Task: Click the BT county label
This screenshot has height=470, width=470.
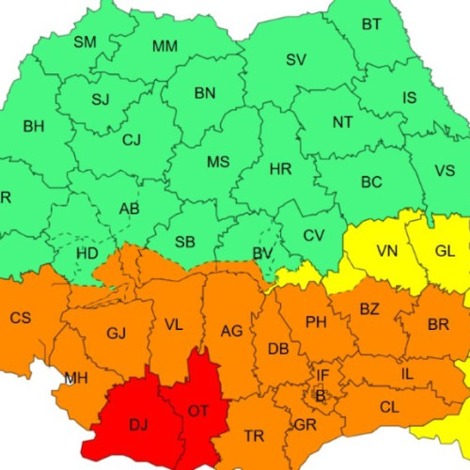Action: [372, 24]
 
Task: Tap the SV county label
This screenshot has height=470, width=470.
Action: [296, 59]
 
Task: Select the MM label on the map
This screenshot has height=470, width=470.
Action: [165, 46]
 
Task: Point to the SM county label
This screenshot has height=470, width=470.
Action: [86, 41]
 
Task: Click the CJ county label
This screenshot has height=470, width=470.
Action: [133, 141]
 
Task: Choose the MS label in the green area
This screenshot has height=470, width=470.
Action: [218, 162]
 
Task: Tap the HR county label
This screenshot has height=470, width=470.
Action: [280, 169]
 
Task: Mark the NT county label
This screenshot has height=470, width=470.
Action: [343, 122]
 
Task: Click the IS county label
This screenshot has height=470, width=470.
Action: [410, 98]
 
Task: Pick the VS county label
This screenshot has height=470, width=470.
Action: [445, 170]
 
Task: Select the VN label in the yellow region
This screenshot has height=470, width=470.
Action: [387, 251]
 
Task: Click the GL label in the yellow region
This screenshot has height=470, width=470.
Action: [445, 251]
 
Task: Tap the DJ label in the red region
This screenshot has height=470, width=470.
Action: [138, 426]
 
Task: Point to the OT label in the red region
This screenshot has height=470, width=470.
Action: [198, 411]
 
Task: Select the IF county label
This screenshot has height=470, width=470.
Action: [322, 375]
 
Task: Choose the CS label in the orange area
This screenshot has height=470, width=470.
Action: [21, 318]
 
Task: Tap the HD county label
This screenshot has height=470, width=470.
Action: [86, 254]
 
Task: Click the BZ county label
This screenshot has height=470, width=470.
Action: [369, 308]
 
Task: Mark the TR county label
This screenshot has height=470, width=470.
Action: [254, 436]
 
